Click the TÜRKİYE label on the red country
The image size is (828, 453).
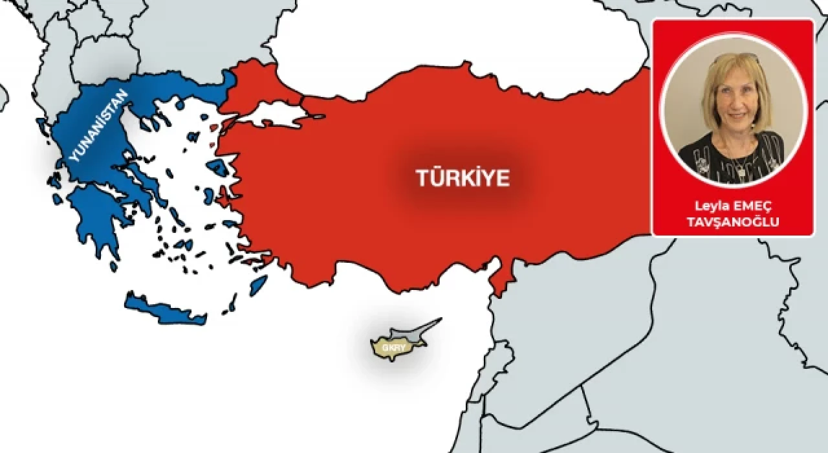[462, 178]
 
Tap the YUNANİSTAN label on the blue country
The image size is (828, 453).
[98, 126]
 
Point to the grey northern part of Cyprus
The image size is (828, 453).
[414, 331]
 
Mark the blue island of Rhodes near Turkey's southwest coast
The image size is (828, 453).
[258, 285]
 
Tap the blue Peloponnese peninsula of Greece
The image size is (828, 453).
[97, 220]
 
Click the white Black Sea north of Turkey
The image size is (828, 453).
[453, 39]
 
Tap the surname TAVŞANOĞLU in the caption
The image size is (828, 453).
[733, 221]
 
